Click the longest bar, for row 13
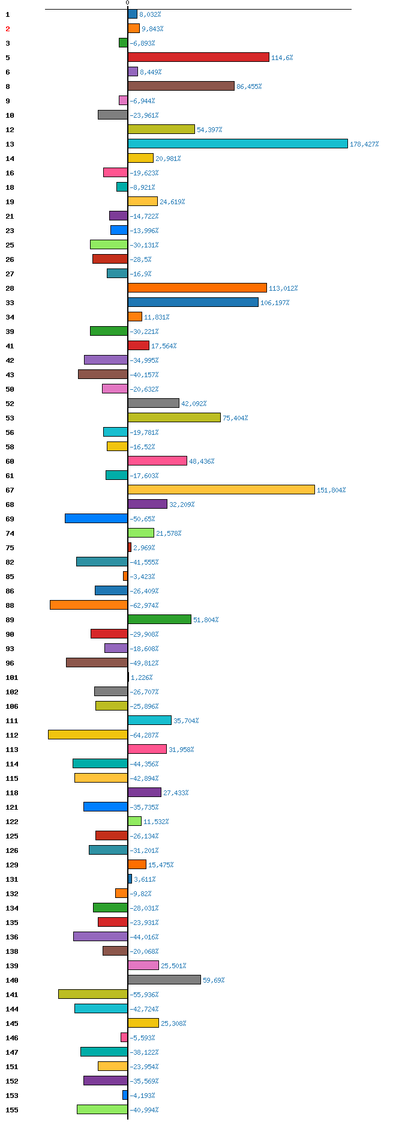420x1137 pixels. coord(238,144)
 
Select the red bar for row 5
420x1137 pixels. coord(199,57)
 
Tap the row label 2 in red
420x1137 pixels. coord(8,29)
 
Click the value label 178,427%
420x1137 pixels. coord(365,144)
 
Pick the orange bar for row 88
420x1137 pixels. coord(89,605)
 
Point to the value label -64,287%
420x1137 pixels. coord(144,735)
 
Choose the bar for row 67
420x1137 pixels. coord(221,490)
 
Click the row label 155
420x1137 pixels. coord(12,1110)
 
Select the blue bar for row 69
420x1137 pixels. coord(96,518)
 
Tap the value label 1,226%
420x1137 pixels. coord(142,678)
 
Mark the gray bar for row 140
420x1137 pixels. coord(164,980)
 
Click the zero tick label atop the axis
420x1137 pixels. coord(127,3)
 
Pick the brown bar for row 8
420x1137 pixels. coord(181,86)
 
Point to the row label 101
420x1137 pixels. coord(12,678)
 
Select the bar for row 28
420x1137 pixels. coord(197,288)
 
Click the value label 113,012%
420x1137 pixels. coord(283,288)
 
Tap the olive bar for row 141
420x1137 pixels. coord(93,994)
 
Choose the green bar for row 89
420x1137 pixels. coord(160,619)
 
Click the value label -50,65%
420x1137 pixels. coord(142,519)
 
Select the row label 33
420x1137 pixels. coord(10,303)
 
